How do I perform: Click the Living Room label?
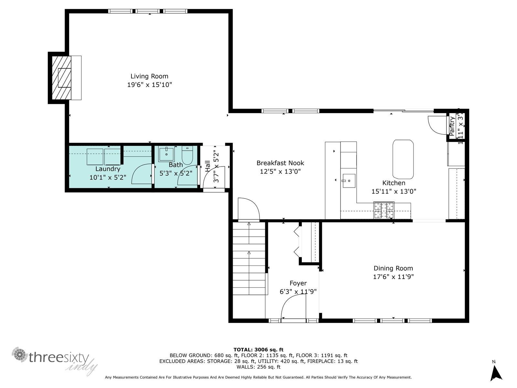149,76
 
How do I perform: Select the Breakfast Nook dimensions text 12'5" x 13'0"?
280,172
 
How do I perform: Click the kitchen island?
403,159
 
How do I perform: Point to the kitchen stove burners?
384,210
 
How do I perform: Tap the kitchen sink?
349,181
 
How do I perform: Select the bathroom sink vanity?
166,154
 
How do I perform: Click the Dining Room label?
393,268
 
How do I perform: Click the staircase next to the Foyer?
249,259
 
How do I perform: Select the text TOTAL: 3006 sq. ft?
258,350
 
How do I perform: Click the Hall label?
207,167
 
